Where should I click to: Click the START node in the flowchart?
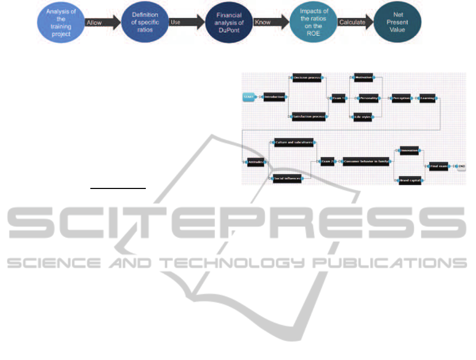click(249, 97)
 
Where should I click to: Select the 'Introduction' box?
click(274, 97)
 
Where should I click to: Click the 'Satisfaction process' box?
click(309, 116)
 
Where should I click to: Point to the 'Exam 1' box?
click(338, 98)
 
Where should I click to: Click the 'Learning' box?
click(427, 98)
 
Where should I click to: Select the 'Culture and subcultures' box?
click(294, 143)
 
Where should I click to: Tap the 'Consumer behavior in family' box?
click(367, 162)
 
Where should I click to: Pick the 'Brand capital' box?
click(409, 181)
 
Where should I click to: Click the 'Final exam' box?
click(438, 166)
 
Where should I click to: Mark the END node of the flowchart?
click(461, 166)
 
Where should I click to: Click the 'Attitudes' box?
click(255, 162)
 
